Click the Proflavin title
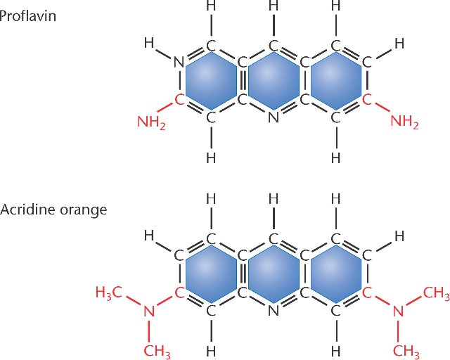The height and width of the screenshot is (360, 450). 28,16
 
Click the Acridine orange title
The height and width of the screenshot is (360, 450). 53,210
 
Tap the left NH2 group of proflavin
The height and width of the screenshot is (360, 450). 152,122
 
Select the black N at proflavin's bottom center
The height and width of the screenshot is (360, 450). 274,117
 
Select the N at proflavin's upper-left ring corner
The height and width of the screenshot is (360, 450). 179,62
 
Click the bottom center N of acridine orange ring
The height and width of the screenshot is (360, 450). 274,310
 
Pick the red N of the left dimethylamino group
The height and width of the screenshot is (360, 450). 149,311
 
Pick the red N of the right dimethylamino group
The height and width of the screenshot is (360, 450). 398,311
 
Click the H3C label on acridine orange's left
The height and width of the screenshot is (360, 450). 109,292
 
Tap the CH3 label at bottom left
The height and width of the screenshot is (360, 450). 157,351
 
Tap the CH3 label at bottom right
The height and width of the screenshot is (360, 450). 406,351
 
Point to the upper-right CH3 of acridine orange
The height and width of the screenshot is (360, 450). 437,293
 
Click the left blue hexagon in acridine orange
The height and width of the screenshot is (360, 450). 211,274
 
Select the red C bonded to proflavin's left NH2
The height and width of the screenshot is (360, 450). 179,100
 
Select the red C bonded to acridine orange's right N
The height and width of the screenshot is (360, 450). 367,293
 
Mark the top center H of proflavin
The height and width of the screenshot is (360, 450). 274,6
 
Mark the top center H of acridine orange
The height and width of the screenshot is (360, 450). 274,199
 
